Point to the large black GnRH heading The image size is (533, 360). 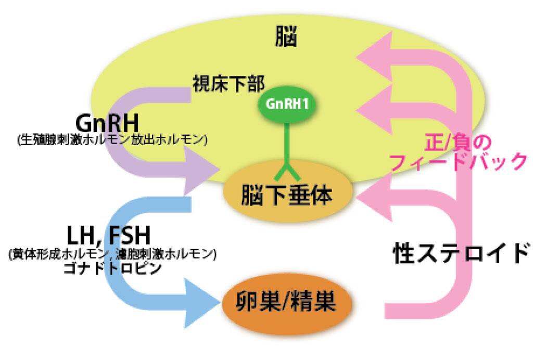(107, 123)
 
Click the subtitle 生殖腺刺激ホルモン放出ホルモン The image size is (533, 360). (112, 140)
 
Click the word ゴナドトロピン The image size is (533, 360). (112, 269)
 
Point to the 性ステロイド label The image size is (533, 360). (461, 253)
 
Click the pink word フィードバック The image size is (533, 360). (459, 162)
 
